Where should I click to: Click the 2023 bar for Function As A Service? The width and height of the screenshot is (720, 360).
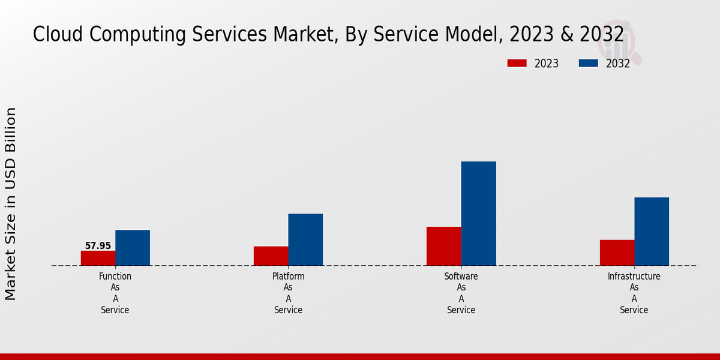click(98, 258)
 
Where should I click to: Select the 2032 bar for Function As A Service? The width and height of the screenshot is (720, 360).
click(133, 248)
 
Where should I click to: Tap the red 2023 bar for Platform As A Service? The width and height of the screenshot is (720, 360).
click(271, 256)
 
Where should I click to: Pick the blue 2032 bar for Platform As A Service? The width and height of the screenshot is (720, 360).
click(305, 239)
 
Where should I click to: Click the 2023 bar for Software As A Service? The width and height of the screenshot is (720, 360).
click(443, 246)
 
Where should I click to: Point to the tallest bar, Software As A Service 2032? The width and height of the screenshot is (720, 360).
click(478, 214)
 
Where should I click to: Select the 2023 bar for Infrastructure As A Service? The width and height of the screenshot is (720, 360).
click(617, 253)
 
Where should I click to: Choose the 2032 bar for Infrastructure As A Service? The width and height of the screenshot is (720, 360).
click(652, 232)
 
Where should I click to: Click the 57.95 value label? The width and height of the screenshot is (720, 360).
click(98, 246)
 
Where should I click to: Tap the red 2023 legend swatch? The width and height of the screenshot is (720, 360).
click(517, 64)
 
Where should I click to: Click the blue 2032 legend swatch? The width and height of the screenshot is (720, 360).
click(589, 64)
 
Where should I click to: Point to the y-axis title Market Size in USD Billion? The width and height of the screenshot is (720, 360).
click(11, 204)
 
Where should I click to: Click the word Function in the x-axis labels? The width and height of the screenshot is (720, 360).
click(115, 277)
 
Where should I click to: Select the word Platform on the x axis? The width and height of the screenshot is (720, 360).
click(288, 277)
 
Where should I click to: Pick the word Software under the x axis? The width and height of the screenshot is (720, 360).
click(461, 277)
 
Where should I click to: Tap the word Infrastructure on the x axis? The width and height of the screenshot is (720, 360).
click(634, 277)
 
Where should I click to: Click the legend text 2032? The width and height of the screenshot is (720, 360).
click(618, 64)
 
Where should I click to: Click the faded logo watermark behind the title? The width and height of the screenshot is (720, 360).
click(624, 42)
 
